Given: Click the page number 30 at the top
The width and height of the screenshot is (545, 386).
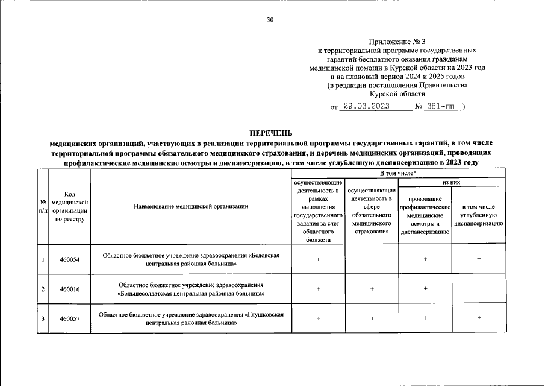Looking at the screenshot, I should tap(270, 20).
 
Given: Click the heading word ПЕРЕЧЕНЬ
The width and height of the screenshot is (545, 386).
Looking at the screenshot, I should tap(271, 133).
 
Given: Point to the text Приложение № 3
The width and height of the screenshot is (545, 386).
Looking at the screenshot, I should tap(400, 42).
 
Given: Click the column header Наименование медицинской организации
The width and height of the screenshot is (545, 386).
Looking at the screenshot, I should tap(191, 207).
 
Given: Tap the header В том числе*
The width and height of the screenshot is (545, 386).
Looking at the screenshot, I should tap(398, 173).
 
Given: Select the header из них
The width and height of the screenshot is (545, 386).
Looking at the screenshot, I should tap(452, 182).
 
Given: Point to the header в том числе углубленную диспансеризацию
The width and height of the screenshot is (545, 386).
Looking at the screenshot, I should tap(479, 215).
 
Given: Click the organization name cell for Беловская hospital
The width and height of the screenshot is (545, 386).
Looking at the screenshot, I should tap(191, 259).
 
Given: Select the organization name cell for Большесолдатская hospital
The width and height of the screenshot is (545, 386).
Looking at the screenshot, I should tap(191, 289).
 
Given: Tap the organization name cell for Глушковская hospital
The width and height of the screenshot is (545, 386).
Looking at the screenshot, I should tap(191, 318).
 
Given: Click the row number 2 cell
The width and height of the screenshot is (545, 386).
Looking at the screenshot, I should tap(43, 289).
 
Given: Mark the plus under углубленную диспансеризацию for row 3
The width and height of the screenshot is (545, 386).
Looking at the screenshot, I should tap(479, 318).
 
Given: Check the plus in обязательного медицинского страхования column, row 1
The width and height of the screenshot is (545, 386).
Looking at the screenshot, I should tap(372, 259).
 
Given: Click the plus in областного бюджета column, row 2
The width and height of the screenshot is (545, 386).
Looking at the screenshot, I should tap(318, 289).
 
